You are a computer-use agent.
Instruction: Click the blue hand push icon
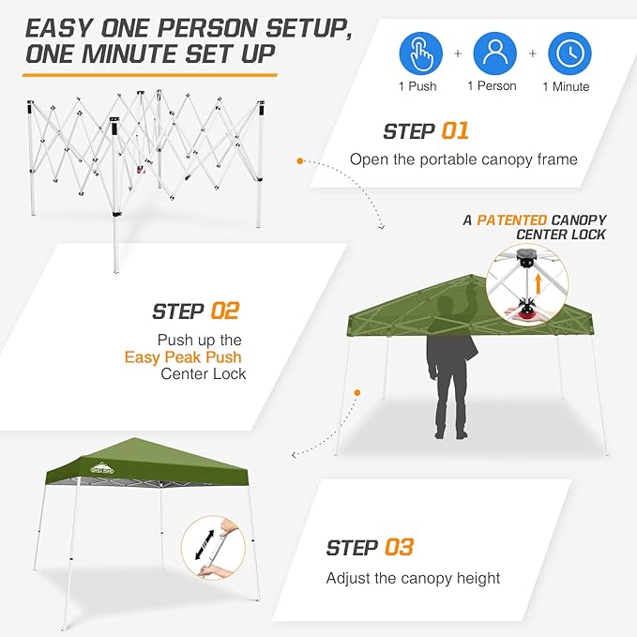[x=422, y=53]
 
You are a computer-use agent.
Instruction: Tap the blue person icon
[x=495, y=53]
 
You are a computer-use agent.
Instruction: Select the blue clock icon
[x=569, y=53]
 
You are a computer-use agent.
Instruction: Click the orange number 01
[x=450, y=131]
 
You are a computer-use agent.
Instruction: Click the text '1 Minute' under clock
[x=566, y=87]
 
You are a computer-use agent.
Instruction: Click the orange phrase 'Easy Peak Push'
[x=183, y=356]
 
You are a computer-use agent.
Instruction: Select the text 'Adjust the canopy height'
[x=413, y=578]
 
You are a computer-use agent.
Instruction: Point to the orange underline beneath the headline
[x=151, y=72]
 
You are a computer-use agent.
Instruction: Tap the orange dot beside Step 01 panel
[x=299, y=160]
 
